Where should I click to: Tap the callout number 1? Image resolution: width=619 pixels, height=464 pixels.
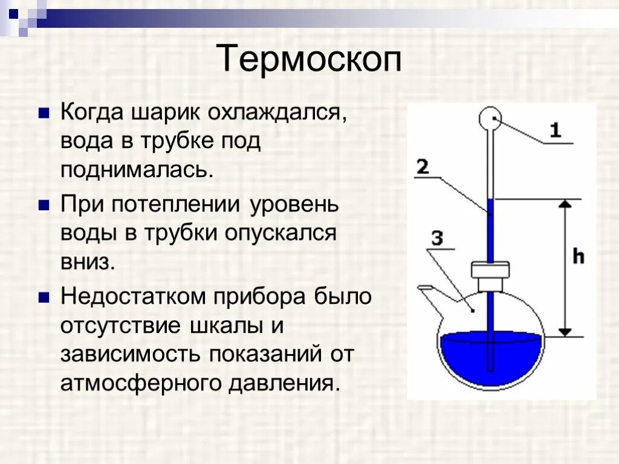coord(555,130)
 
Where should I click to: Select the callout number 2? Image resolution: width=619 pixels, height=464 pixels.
coord(423,166)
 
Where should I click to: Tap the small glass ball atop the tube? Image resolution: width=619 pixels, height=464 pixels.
coord(490,119)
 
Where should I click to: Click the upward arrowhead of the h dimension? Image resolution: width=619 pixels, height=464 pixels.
coord(565,205)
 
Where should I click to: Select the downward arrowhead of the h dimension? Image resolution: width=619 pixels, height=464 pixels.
coord(565,330)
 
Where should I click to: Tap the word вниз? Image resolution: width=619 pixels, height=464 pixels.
coord(86,262)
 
